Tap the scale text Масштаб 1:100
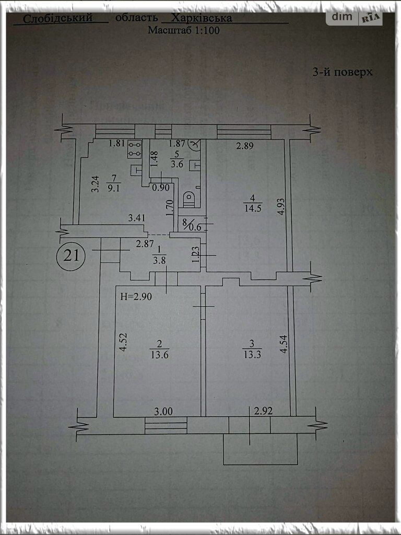point(183,30)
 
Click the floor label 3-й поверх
point(343,73)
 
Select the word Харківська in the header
point(202,18)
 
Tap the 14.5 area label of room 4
point(252,207)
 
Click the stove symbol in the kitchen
point(135,150)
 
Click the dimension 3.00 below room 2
point(163,411)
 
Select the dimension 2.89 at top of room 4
point(244,146)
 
